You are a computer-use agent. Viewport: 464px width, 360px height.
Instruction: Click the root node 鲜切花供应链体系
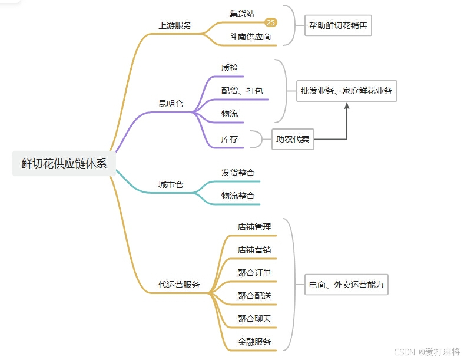pyautogui.click(x=64, y=164)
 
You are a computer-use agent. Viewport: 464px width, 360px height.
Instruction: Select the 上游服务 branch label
pyautogui.click(x=175, y=26)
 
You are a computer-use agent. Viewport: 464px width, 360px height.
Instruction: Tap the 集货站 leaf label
pyautogui.click(x=242, y=14)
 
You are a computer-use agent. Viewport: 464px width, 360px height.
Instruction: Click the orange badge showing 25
pyautogui.click(x=271, y=22)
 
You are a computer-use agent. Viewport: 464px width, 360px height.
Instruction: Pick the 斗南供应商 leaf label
pyautogui.click(x=250, y=37)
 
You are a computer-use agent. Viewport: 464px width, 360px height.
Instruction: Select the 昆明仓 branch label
pyautogui.click(x=171, y=104)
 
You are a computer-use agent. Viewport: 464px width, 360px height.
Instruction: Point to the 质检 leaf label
pyautogui.click(x=230, y=68)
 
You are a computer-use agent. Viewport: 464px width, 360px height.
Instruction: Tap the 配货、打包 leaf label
pyautogui.click(x=242, y=91)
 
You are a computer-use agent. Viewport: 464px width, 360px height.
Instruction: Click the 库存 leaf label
pyautogui.click(x=230, y=140)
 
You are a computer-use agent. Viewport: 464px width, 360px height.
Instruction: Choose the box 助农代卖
pyautogui.click(x=293, y=140)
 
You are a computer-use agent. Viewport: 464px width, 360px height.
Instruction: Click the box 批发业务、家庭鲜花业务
pyautogui.click(x=346, y=91)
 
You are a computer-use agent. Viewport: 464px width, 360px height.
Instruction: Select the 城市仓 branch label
pyautogui.click(x=171, y=184)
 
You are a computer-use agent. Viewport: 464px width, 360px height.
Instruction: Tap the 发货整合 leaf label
pyautogui.click(x=238, y=173)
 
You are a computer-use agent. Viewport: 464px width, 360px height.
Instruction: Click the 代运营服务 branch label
pyautogui.click(x=179, y=285)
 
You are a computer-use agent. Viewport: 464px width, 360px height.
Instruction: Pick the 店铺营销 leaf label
pyautogui.click(x=254, y=250)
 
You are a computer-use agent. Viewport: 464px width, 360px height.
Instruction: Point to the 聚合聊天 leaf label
pyautogui.click(x=254, y=319)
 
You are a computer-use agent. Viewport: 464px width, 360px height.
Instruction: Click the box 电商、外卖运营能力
pyautogui.click(x=346, y=285)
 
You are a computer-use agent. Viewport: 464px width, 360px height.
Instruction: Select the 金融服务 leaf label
pyautogui.click(x=254, y=342)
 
